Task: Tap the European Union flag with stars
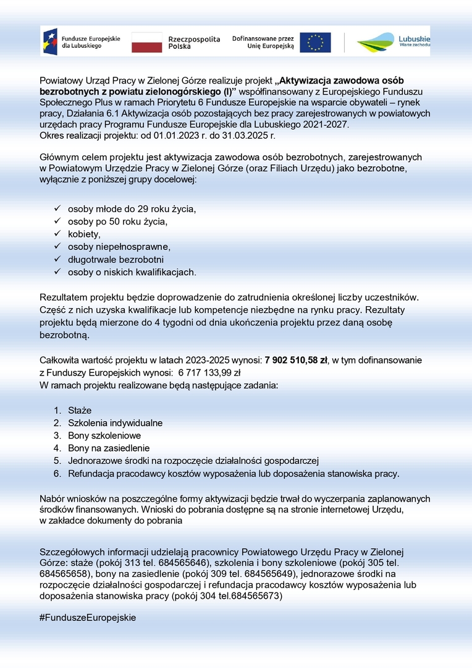click(315, 42)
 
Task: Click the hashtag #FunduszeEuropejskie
click(87, 617)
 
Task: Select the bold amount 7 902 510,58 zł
click(295, 360)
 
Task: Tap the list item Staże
click(80, 411)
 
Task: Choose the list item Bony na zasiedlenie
click(109, 448)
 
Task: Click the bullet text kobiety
click(84, 234)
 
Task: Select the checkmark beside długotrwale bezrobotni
click(57, 259)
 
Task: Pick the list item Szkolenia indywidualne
click(115, 423)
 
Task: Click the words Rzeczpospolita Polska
click(194, 42)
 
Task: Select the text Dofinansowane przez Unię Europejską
click(263, 42)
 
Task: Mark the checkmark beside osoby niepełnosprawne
click(57, 247)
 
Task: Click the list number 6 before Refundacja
click(56, 474)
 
